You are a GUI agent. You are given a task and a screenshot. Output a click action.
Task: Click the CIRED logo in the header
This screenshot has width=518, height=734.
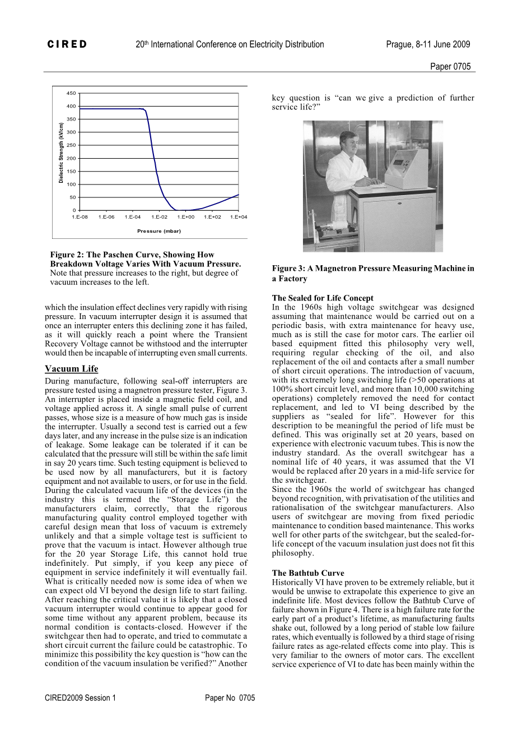[67, 44]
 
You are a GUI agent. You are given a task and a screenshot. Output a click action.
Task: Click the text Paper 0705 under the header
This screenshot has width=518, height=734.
[450, 66]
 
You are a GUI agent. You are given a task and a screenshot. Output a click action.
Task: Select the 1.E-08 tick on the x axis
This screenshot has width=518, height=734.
[80, 217]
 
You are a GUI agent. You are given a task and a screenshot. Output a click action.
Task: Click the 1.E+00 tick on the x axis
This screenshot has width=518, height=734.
[186, 217]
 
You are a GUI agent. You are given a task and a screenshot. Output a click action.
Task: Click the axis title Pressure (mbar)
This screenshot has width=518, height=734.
[159, 230]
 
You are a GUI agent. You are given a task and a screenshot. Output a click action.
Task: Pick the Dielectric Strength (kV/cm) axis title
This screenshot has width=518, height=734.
[61, 153]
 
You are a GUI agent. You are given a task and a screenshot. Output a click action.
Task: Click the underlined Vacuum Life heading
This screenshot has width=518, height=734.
[71, 368]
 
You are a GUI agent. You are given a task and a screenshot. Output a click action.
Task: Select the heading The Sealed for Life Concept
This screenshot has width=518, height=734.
[323, 298]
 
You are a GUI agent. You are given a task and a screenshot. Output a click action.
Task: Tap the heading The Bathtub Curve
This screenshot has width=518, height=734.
[308, 573]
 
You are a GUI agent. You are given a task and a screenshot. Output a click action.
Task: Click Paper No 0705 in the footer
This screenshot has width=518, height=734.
[230, 698]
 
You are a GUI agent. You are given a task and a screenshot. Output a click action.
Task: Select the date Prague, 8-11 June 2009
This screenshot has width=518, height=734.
[428, 44]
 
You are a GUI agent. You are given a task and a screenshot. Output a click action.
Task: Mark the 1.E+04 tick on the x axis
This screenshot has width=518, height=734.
[239, 217]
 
